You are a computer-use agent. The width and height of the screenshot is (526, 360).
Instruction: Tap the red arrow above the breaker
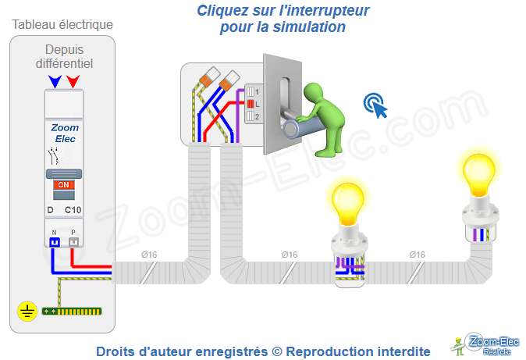73,80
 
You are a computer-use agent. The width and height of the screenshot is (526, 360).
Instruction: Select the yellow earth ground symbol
27,312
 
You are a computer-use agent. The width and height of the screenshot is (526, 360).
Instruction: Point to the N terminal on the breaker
55,241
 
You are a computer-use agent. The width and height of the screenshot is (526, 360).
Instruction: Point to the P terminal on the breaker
73,241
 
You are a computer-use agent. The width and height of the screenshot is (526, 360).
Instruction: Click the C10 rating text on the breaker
73,210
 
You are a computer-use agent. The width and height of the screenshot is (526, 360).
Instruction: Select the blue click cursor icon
375,105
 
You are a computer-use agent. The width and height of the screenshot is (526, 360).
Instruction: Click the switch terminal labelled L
252,103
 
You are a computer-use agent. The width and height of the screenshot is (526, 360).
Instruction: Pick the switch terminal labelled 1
252,91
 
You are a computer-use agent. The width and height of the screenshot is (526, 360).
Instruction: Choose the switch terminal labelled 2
252,116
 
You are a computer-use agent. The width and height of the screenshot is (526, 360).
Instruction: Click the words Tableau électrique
62,25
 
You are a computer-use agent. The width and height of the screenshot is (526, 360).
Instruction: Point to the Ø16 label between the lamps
417,255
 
